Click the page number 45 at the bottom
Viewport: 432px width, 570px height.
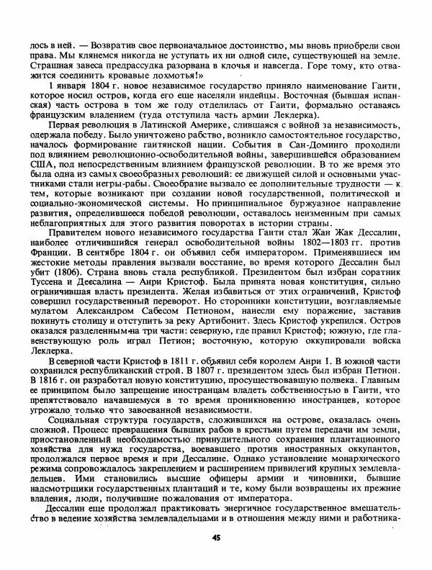click(x=216, y=538)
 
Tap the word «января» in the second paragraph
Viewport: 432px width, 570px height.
click(x=68, y=86)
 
